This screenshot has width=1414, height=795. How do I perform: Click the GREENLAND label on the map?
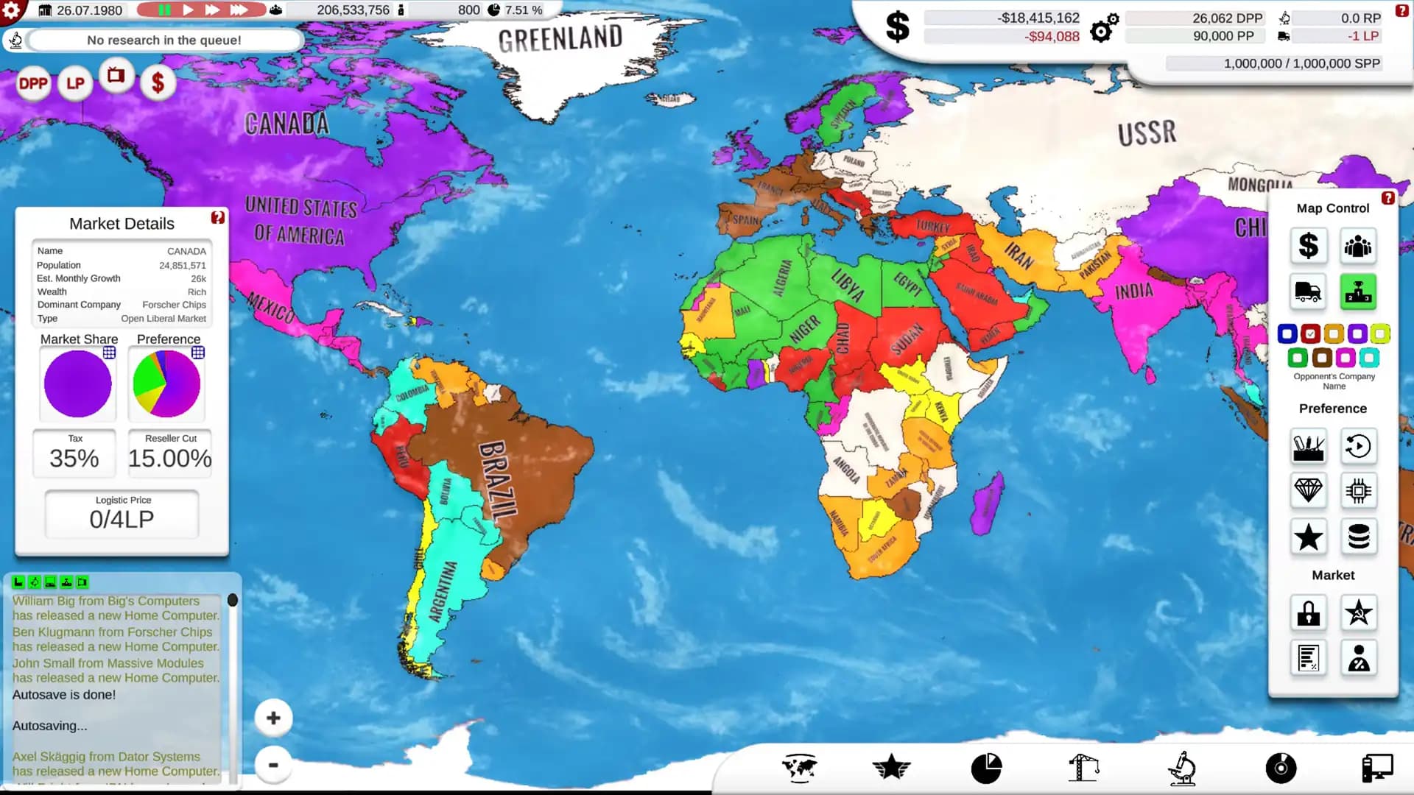pos(560,38)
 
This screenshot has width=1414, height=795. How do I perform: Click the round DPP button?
pos(33,84)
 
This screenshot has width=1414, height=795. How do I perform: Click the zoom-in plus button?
pos(273,718)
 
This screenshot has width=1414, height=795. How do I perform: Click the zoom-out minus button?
pos(273,765)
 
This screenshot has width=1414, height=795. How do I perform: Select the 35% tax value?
pos(74,458)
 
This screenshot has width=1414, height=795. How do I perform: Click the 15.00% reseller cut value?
pos(170,458)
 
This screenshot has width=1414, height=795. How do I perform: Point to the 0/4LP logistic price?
pos(122,519)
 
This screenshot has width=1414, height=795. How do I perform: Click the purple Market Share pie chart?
pos(77,384)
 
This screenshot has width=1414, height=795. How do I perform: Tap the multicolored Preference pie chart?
pos(166,384)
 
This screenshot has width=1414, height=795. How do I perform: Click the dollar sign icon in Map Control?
pos(1308,246)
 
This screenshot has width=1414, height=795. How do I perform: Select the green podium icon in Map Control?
pos(1358,291)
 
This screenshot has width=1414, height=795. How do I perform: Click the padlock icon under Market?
pos(1308,612)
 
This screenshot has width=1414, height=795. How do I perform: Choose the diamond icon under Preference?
pos(1308,490)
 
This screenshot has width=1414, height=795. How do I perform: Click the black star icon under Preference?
pos(1308,537)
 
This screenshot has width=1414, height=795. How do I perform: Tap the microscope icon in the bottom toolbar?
pos(1181,768)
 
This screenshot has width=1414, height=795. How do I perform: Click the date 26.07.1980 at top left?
pos(89,10)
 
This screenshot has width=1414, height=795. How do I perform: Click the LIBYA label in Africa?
pos(848,286)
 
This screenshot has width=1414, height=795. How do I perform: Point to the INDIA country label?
pos(1133,291)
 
